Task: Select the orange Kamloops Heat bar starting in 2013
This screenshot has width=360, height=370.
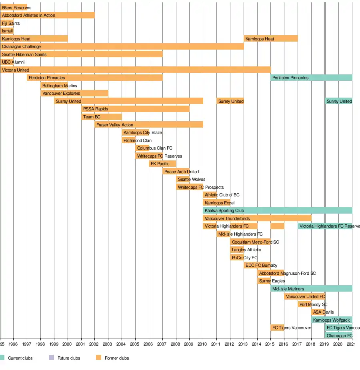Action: [x=271, y=39]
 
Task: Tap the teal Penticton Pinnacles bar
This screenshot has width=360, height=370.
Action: [x=311, y=78]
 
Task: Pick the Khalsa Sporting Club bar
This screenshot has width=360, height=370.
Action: [x=277, y=210]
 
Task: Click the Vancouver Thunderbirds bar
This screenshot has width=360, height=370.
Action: [x=257, y=218]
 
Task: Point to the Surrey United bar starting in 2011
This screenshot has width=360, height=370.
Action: [x=230, y=101]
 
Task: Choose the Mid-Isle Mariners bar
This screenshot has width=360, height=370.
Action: [x=311, y=289]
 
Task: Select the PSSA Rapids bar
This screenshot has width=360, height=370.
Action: [x=135, y=109]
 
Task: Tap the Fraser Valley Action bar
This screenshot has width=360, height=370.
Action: [x=149, y=125]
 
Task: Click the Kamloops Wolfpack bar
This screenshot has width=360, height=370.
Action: [x=332, y=320]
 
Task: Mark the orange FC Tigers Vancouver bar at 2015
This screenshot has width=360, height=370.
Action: [x=277, y=328]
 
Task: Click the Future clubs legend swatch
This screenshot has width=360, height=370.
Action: [x=51, y=358]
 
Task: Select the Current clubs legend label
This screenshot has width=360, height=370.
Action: [x=20, y=358]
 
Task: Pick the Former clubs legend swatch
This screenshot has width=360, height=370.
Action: [x=98, y=358]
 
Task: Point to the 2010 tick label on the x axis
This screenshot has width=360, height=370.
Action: [x=203, y=344]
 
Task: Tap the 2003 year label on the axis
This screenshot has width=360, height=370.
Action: [x=108, y=344]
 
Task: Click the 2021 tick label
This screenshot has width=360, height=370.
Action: [x=351, y=344]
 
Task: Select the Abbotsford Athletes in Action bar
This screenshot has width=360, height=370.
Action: [x=48, y=15]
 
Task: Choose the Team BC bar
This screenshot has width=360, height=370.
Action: [x=102, y=117]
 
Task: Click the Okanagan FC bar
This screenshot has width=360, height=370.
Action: [x=338, y=336]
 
